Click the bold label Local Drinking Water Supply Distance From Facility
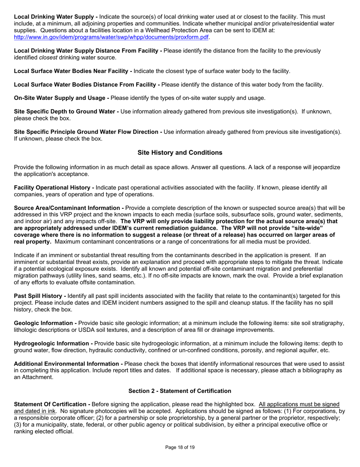click(x=88, y=51)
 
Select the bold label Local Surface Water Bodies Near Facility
click(x=73, y=71)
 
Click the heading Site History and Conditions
click(x=180, y=153)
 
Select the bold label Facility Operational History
click(x=54, y=188)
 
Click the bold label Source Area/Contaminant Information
click(x=69, y=208)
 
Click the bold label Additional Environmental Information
click(x=69, y=364)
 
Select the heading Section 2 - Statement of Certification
click(x=180, y=391)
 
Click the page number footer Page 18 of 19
click(x=180, y=448)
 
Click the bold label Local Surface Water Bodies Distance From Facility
click(x=87, y=85)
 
